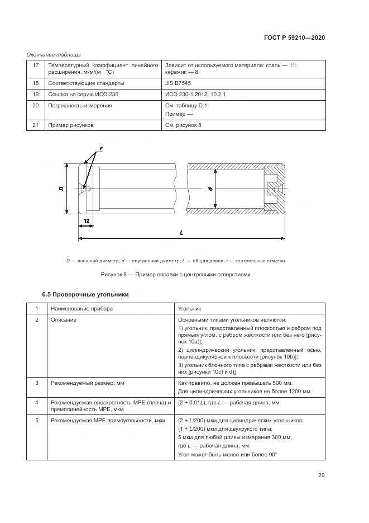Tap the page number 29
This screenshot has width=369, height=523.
click(321, 475)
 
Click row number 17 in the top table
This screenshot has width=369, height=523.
click(36, 65)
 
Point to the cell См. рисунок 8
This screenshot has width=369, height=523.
click(183, 125)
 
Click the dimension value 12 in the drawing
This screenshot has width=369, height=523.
click(87, 222)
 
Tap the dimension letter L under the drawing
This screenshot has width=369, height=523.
click(182, 234)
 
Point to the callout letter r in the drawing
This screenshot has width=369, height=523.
click(102, 148)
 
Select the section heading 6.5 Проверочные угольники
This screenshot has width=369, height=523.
click(85, 294)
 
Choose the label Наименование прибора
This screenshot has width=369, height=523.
click(82, 308)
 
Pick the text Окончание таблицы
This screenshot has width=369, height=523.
click(54, 54)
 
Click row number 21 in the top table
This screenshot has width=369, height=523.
click(36, 125)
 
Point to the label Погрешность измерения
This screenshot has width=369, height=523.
click(80, 105)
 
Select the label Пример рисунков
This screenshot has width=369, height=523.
click(70, 125)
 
